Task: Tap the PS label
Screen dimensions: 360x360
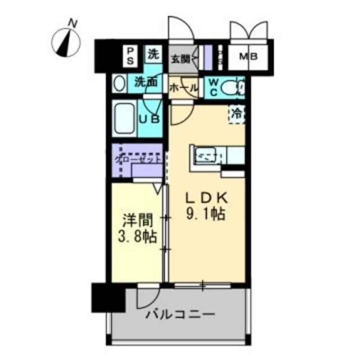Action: (130, 55)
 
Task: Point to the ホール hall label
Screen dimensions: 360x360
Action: (183, 88)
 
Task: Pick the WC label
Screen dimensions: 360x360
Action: (214, 87)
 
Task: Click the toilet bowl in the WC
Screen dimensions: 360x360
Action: (231, 88)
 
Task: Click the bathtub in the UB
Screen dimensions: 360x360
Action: (124, 118)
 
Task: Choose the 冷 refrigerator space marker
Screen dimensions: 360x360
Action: (238, 112)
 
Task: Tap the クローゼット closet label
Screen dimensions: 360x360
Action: (138, 159)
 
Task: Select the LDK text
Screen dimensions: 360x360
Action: (206, 198)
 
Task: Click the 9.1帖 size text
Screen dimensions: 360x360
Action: (207, 214)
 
